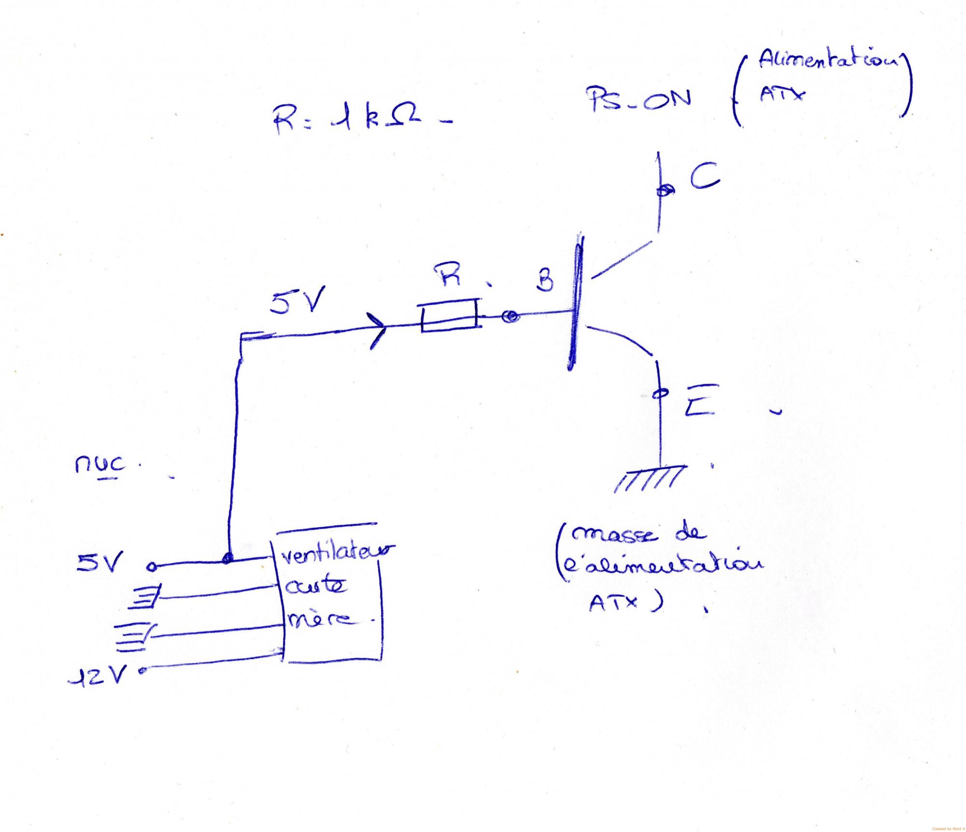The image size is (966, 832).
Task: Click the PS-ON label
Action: click(639, 100)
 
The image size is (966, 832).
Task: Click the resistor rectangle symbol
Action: click(449, 316)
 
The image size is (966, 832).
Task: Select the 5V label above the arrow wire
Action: click(297, 301)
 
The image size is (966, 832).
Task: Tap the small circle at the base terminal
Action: click(510, 317)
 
